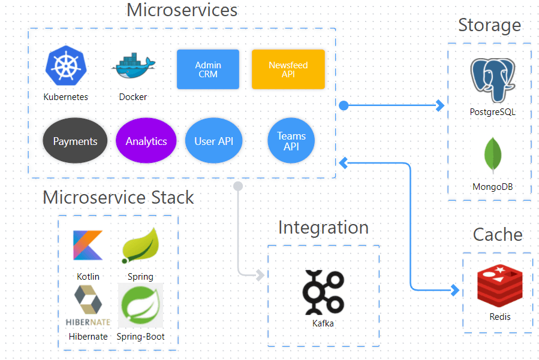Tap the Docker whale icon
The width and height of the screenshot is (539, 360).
[133, 68]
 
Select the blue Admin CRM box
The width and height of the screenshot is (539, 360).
[208, 69]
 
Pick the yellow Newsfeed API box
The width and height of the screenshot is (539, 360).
[288, 69]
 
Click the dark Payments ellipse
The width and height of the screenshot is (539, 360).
[75, 141]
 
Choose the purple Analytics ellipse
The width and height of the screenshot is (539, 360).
[146, 141]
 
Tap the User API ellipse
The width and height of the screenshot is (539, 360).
[213, 141]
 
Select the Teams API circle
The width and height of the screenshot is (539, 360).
[291, 141]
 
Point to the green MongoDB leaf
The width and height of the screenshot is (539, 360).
[493, 155]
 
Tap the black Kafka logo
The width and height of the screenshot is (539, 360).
[323, 292]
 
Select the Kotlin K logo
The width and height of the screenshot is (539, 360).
[88, 246]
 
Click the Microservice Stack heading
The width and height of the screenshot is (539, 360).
[118, 197]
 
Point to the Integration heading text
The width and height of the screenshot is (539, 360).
[323, 228]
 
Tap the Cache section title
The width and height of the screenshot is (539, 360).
[498, 234]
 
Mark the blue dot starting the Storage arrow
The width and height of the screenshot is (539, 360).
[344, 106]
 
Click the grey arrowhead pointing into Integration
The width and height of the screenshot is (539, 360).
[260, 275]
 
